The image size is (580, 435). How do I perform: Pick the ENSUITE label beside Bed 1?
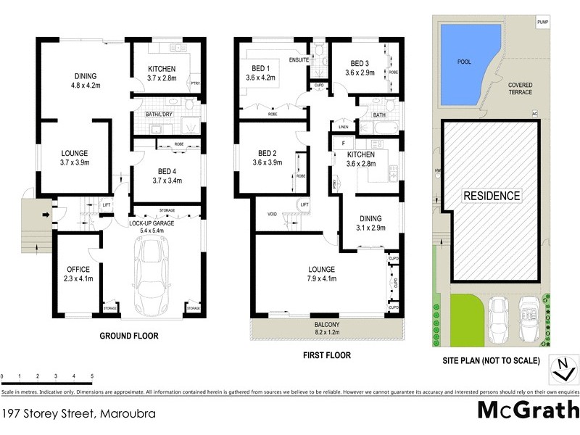(298, 59)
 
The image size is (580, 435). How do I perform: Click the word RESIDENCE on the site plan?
(492, 196)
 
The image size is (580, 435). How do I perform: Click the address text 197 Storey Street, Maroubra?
(78, 414)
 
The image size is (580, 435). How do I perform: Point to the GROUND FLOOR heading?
(128, 336)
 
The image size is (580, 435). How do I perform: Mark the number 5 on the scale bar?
(92, 376)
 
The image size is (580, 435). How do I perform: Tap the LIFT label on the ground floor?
(106, 205)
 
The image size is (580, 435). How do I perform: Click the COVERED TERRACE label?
(520, 88)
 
